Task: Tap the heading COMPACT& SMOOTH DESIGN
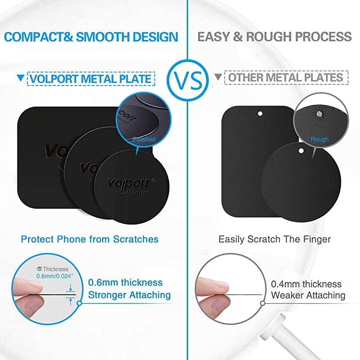tap(92, 36)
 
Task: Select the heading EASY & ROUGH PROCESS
tap(274, 36)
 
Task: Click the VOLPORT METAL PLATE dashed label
tap(90, 79)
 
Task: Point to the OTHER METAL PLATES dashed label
tap(286, 78)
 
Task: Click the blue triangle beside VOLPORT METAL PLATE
tap(20, 78)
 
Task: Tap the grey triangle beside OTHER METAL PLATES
tap(218, 77)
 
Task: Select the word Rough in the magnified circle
tap(319, 139)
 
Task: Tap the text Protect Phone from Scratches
tap(90, 238)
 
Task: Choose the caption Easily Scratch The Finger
tap(274, 238)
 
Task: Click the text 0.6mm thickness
tap(125, 283)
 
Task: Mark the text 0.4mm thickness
tap(306, 284)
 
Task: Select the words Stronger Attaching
tap(130, 295)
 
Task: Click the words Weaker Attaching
tap(308, 296)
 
